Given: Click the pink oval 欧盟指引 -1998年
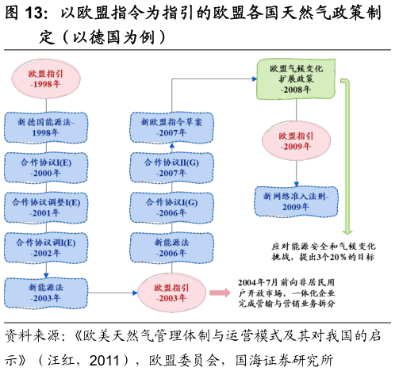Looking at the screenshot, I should tap(44, 77).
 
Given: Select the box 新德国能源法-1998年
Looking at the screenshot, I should tap(44, 127).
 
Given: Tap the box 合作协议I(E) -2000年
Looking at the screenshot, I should tap(44, 166).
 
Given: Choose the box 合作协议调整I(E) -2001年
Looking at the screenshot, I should tap(45, 208).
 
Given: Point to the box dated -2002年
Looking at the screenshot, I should tap(44, 247).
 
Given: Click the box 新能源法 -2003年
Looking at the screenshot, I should tap(45, 293).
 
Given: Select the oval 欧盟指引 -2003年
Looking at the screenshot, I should tap(172, 293).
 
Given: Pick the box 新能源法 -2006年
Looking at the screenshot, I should tap(172, 247).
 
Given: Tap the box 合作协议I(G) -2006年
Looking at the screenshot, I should tap(172, 208).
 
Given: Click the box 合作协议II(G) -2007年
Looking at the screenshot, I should tap(172, 166).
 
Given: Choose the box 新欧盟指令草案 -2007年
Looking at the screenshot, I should tap(172, 127).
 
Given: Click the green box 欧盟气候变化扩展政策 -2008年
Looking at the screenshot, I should tap(296, 79).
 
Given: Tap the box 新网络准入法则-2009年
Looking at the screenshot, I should tap(296, 201).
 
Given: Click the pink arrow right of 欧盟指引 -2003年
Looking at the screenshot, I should tap(220, 293).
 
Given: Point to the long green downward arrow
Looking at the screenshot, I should tap(347, 159).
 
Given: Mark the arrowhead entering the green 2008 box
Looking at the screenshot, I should tap(255, 78).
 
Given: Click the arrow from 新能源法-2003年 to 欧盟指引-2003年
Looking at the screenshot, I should tap(111, 293).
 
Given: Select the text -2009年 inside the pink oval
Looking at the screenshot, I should tap(296, 147).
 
